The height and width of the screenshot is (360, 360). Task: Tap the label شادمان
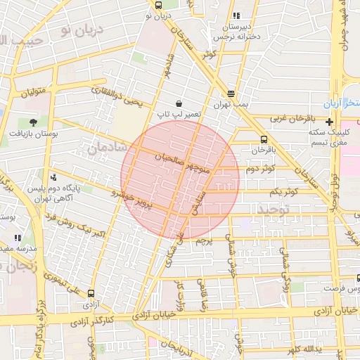pos(109,146)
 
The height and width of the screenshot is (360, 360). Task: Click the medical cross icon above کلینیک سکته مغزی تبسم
pos(328,122)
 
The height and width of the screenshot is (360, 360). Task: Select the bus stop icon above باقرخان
pos(264,139)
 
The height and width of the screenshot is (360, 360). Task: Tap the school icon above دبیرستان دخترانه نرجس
pos(236,15)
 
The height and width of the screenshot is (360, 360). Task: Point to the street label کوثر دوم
pos(260,169)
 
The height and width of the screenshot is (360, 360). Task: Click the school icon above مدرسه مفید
pos(18,238)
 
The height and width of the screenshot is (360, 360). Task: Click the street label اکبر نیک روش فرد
pos(66,225)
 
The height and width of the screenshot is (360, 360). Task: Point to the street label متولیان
pos(32,92)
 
